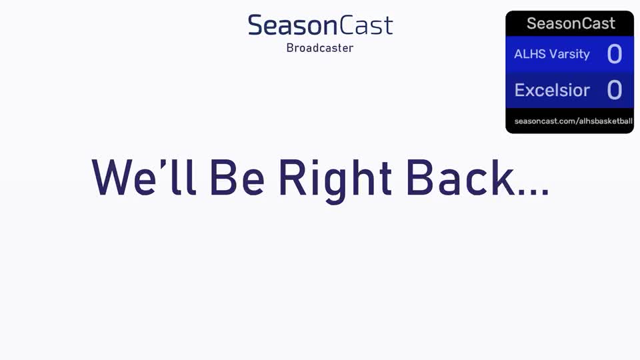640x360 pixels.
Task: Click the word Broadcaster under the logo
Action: [x=319, y=48]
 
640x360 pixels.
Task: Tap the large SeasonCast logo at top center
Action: [x=321, y=25]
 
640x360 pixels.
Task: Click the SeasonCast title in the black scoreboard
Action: [x=571, y=24]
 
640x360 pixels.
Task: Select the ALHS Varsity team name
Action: [x=552, y=54]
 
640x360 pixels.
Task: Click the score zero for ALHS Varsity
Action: [x=614, y=54]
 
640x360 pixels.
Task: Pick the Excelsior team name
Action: [x=552, y=90]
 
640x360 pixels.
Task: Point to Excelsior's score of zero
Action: [x=614, y=90]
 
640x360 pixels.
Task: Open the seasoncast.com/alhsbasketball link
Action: [x=573, y=121]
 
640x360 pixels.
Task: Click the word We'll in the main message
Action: [x=144, y=177]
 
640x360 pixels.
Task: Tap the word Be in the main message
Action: [x=237, y=177]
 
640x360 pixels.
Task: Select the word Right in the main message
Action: [x=335, y=181]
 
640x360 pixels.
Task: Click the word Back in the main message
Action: [x=460, y=177]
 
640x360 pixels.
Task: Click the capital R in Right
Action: [x=293, y=177]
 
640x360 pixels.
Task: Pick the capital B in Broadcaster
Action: [x=290, y=48]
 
